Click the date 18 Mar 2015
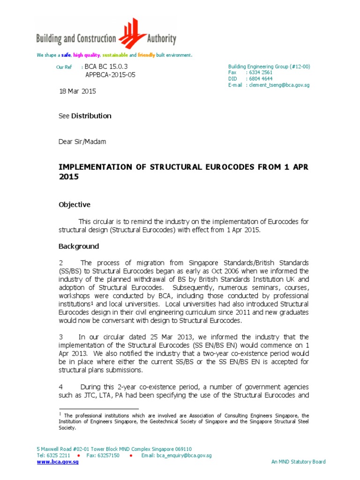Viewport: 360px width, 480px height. pyautogui.click(x=77, y=91)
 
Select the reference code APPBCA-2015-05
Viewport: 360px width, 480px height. pyautogui.click(x=110, y=75)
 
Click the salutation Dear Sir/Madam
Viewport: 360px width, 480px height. pyautogui.click(x=82, y=142)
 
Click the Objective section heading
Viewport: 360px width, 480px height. pyautogui.click(x=74, y=205)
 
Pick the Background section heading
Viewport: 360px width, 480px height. pyautogui.click(x=78, y=246)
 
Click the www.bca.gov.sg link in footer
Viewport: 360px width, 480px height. pyautogui.click(x=58, y=462)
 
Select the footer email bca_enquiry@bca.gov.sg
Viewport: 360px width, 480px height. pyautogui.click(x=178, y=455)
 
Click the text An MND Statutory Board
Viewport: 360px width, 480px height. pyautogui.click(x=298, y=462)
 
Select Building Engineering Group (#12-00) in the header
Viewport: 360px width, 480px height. pyautogui.click(x=269, y=67)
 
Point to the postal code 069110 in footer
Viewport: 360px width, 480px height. pyautogui.click(x=182, y=449)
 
